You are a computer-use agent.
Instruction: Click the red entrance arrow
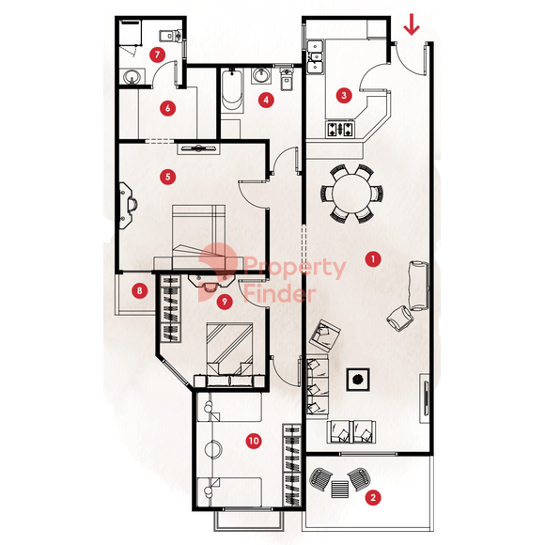[x=412, y=24]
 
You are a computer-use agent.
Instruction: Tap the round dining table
[x=351, y=193]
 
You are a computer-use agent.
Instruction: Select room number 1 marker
[x=373, y=259]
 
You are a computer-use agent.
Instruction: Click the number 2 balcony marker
[x=373, y=497]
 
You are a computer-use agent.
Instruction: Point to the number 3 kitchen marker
[x=344, y=95]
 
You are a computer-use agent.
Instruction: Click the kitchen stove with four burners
[x=340, y=129]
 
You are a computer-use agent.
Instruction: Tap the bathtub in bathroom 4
[x=232, y=90]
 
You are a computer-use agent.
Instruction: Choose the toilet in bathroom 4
[x=286, y=79]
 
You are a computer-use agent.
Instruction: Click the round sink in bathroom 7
[x=132, y=76]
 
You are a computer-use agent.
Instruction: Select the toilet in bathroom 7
[x=171, y=36]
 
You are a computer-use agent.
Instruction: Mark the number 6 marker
[x=168, y=108]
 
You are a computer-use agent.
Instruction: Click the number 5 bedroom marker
[x=168, y=177]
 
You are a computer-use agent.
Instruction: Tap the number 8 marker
[x=140, y=290]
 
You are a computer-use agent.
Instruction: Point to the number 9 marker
[x=225, y=302]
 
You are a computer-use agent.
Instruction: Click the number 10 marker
[x=254, y=441]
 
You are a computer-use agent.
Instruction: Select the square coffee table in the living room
[x=358, y=380]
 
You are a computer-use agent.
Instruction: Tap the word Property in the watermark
[x=294, y=268]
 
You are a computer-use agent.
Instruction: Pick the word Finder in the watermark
[x=279, y=294]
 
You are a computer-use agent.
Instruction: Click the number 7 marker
[x=158, y=54]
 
